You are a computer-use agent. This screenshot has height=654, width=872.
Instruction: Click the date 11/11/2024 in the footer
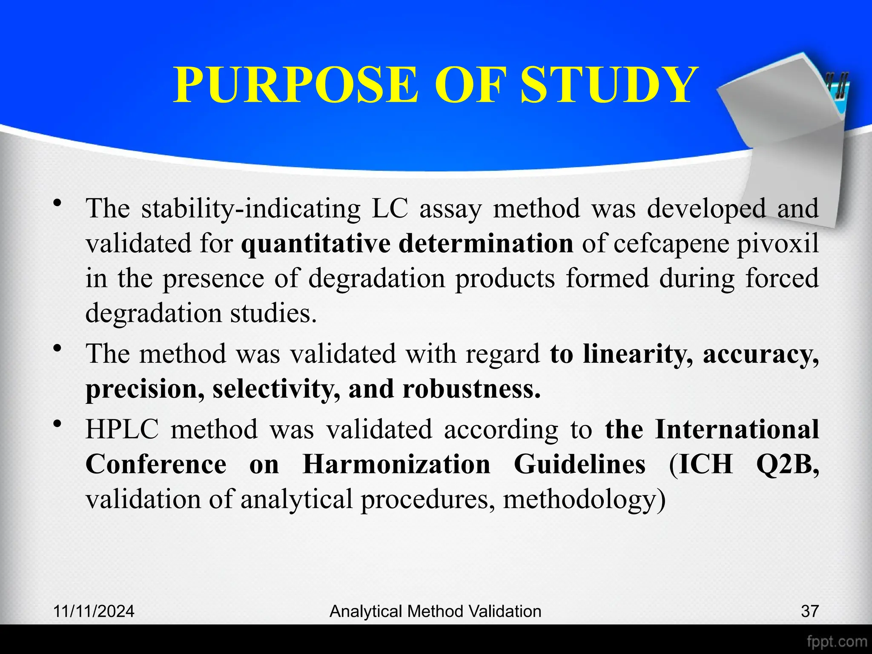click(94, 611)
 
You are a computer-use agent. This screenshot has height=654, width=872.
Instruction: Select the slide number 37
click(809, 611)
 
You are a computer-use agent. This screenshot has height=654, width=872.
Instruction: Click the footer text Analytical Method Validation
click(435, 611)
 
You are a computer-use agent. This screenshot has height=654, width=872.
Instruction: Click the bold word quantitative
click(316, 244)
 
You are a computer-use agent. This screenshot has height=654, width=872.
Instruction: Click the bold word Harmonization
click(396, 464)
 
